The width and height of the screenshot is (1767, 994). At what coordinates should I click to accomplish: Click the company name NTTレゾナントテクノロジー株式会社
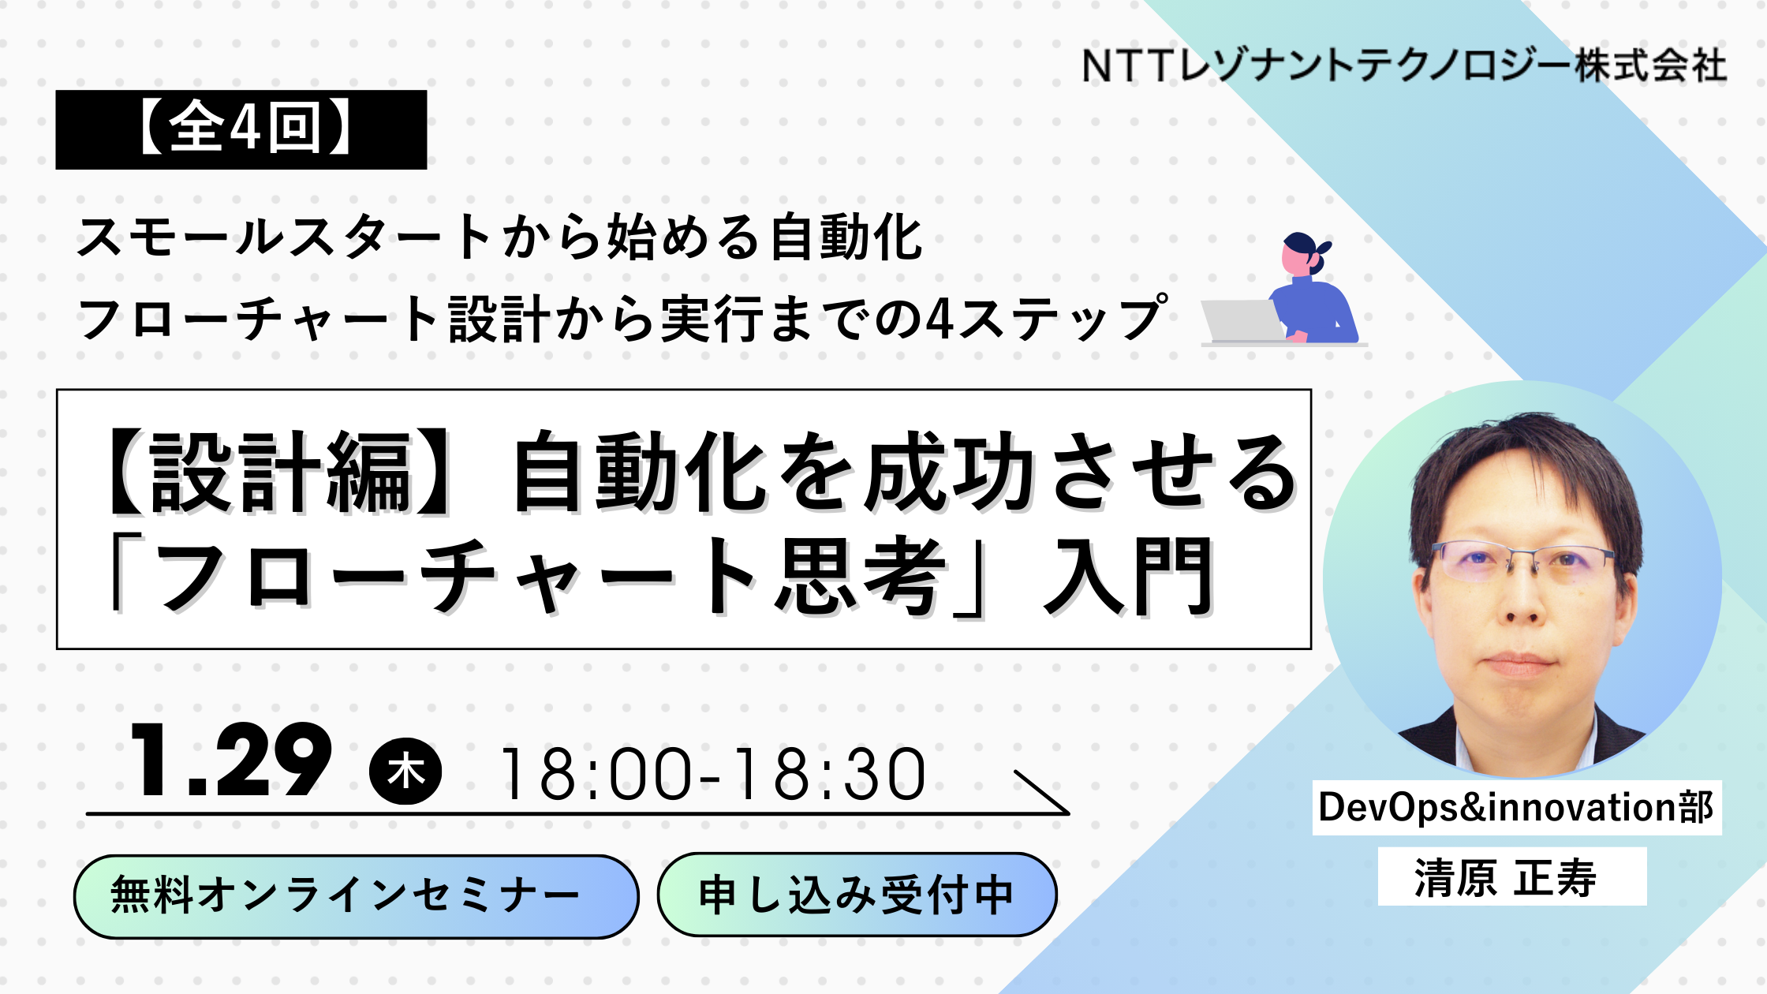[x=1404, y=65]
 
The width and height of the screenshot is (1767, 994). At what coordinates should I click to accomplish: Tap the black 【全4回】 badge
[x=241, y=129]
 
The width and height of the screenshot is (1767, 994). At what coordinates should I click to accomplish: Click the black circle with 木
[x=405, y=771]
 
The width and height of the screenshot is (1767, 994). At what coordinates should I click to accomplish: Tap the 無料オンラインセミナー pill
[x=356, y=896]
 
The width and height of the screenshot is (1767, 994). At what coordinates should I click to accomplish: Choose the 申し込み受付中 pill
[x=857, y=895]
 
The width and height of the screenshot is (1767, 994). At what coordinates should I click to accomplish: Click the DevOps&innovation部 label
[x=1516, y=807]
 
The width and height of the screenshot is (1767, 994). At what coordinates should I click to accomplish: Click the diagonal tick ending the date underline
[x=1041, y=792]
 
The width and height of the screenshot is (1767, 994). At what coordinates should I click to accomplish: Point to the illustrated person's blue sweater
[x=1317, y=312]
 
